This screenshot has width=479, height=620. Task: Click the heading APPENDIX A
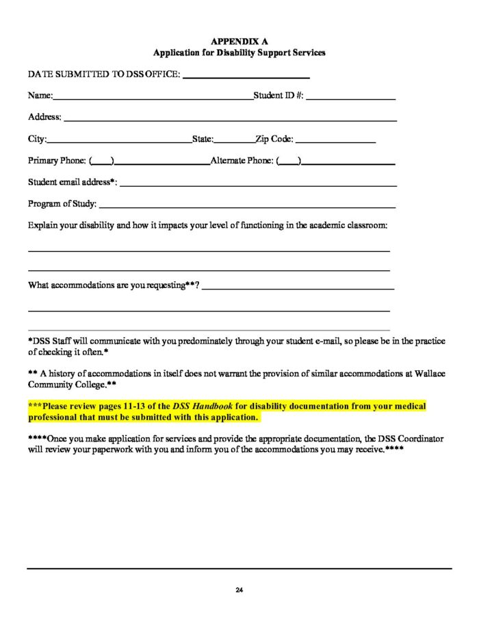pyautogui.click(x=239, y=42)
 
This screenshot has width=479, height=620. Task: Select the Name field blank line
pyautogui.click(x=153, y=99)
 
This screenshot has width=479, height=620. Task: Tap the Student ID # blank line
pyautogui.click(x=351, y=99)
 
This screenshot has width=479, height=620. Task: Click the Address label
pyautogui.click(x=44, y=117)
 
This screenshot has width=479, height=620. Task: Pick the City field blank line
pyautogui.click(x=119, y=142)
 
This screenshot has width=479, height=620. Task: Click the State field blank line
pyautogui.click(x=234, y=142)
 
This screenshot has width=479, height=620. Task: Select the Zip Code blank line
pyautogui.click(x=335, y=142)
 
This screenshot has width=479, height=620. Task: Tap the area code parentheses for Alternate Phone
pyautogui.click(x=289, y=162)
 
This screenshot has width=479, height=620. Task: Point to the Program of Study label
pyautogui.click(x=62, y=204)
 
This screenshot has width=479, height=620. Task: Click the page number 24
pyautogui.click(x=239, y=590)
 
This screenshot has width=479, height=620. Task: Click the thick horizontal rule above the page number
pyautogui.click(x=239, y=568)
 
